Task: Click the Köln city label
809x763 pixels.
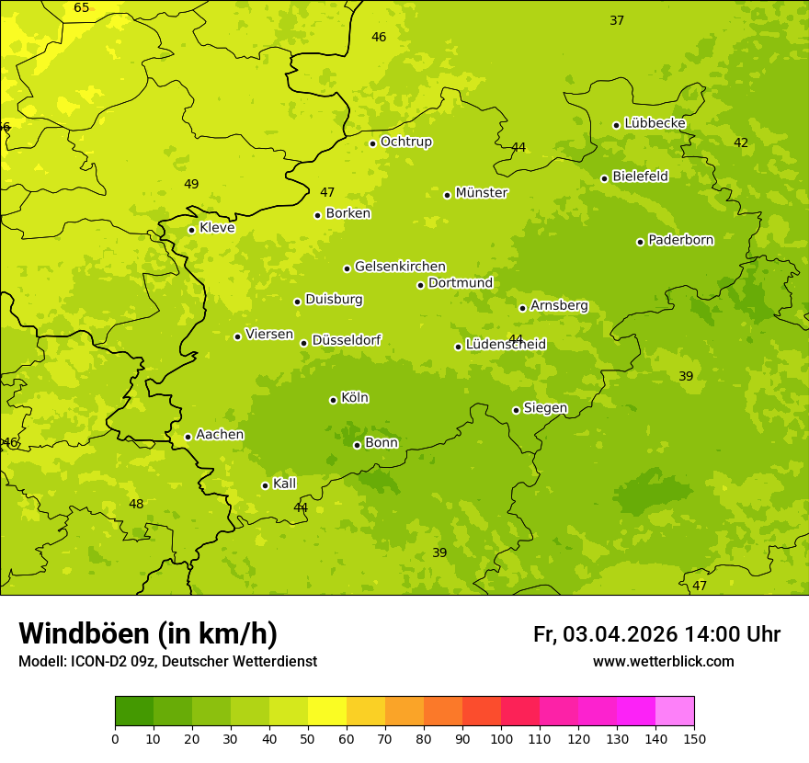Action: pos(355,398)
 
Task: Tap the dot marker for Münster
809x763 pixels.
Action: pos(448,195)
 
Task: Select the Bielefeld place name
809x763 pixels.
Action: pos(641,176)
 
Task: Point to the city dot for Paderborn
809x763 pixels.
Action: pos(641,242)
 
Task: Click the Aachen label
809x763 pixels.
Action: pos(220,435)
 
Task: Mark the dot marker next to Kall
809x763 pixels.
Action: pos(266,485)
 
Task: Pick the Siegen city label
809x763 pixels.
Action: pos(545,408)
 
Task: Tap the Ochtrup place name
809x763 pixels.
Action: pos(406,142)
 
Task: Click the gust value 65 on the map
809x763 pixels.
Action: pos(82,8)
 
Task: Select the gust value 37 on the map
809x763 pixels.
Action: pos(617,20)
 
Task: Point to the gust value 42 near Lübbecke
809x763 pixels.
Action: pos(741,142)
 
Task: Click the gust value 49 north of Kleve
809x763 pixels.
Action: pos(191,184)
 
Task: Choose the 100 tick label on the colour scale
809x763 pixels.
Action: pos(501,738)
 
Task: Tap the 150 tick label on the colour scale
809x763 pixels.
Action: pos(694,738)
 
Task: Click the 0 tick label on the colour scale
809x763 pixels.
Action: pos(115,738)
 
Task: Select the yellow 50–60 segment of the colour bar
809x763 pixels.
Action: pos(327,712)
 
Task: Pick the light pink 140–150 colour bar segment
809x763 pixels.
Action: pos(675,712)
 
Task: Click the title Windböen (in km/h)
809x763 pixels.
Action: pos(148,633)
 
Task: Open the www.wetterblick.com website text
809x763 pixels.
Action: pos(663,662)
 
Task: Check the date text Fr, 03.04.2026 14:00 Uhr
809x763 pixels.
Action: pos(656,634)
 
